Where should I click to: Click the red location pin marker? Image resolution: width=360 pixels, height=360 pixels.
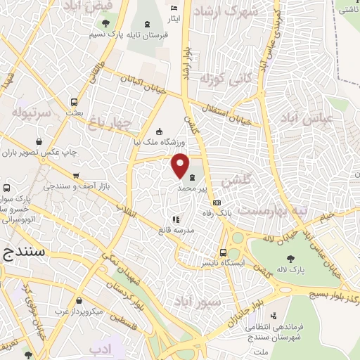click(180, 166)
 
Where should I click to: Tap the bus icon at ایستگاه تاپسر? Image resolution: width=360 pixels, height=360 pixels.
click(223, 252)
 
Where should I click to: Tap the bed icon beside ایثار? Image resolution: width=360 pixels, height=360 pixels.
click(174, 8)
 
